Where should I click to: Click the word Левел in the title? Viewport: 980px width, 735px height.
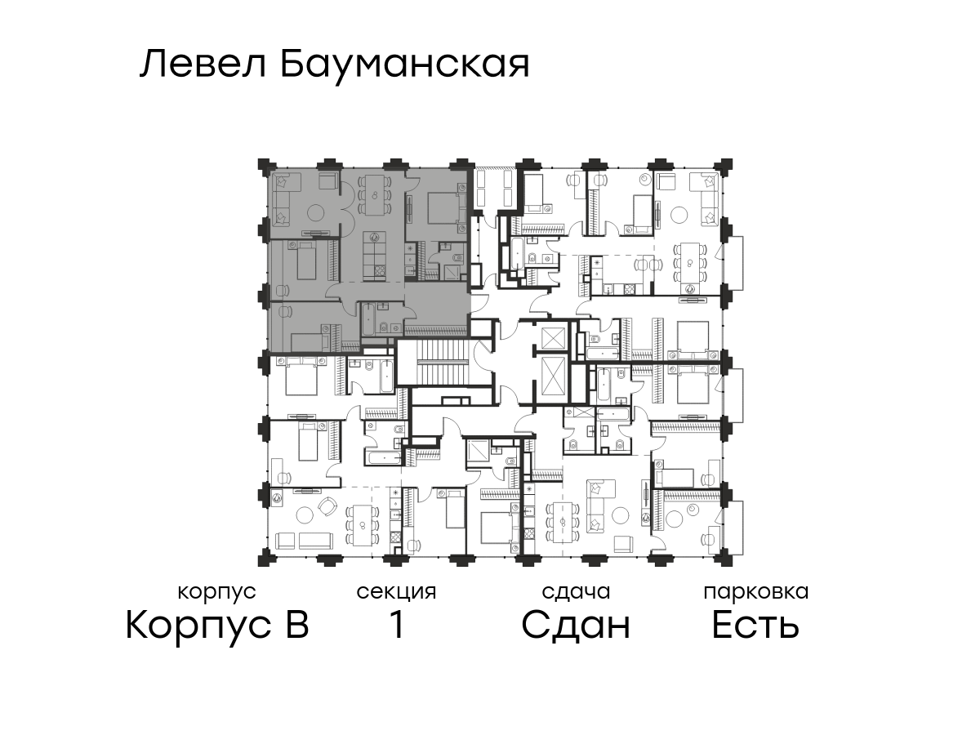203,65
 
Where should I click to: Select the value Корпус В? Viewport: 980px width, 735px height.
217,626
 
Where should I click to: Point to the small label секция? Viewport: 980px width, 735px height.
396,592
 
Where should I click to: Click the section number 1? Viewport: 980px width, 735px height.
397,625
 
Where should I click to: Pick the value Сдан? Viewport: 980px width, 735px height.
576,626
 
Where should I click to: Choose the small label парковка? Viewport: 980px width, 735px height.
756,592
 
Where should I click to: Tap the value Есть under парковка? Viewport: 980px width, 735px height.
755,625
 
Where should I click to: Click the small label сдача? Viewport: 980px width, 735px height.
576,592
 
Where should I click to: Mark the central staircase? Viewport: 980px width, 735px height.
445,362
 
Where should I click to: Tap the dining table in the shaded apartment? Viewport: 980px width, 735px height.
375,195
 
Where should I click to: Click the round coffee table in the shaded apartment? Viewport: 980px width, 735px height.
318,212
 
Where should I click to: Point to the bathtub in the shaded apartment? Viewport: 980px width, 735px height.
369,319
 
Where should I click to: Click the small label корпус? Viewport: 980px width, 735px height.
217,593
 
